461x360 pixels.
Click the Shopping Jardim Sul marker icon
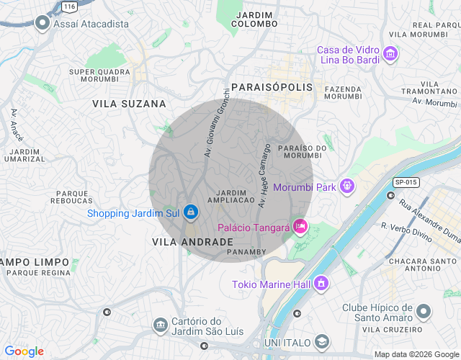[x=191, y=212]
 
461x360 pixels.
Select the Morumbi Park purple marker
[x=347, y=186]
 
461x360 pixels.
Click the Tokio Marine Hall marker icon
[x=321, y=284]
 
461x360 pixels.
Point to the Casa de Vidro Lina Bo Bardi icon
[x=390, y=54]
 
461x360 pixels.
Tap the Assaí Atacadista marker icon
[x=42, y=24]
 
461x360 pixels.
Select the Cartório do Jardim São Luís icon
[x=160, y=327]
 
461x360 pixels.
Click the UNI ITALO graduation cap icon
[x=323, y=341]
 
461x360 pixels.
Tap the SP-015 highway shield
[x=405, y=182]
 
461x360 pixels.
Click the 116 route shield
[x=68, y=6]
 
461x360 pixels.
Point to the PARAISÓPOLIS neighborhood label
[x=272, y=86]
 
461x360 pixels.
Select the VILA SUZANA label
[x=129, y=104]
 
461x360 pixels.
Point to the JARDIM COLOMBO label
[x=254, y=19]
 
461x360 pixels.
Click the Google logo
[x=24, y=351]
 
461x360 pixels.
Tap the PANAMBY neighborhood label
[x=246, y=252]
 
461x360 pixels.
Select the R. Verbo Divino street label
[x=407, y=234]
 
